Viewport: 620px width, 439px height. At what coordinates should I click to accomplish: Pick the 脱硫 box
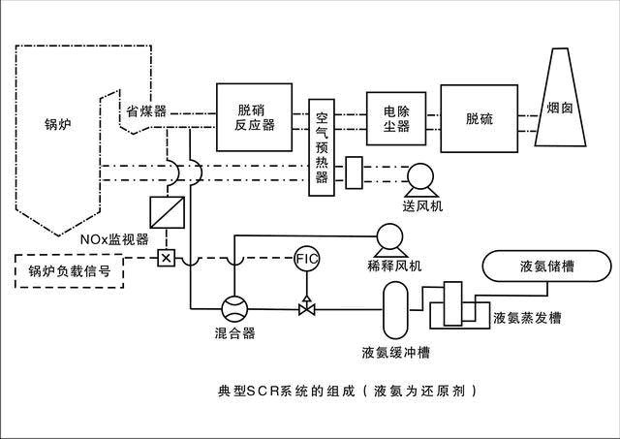(479, 118)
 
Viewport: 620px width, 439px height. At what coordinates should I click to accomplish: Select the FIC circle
(307, 259)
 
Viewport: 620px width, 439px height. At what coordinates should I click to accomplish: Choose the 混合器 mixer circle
(235, 309)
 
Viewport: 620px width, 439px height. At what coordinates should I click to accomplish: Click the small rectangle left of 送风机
(354, 172)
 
